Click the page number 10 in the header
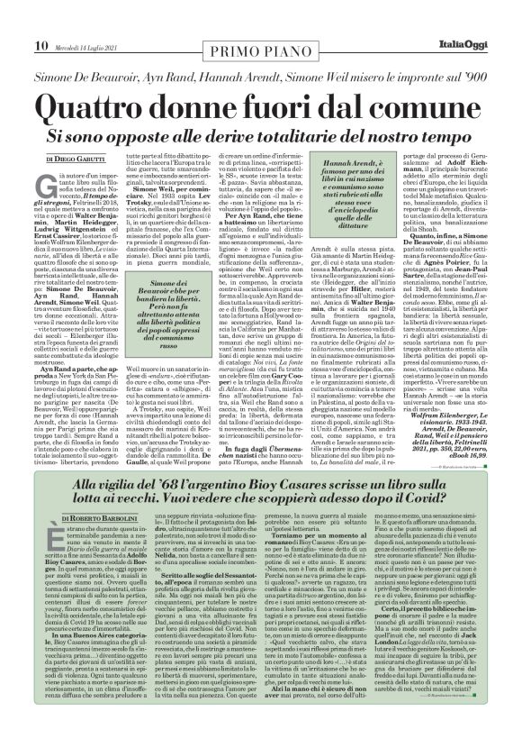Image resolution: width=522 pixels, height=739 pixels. click(17, 21)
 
